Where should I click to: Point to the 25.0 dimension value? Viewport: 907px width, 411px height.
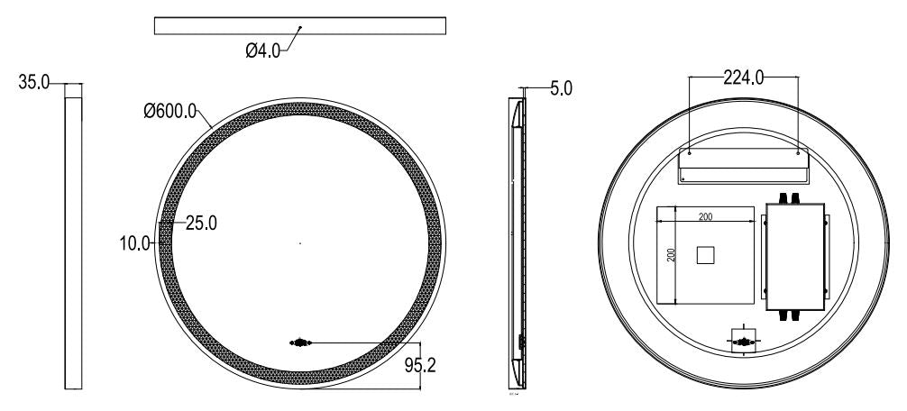200,223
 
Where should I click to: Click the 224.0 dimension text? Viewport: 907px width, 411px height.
744,78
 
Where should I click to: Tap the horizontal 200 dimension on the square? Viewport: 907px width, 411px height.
706,216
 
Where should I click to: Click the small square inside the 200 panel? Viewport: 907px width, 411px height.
706,256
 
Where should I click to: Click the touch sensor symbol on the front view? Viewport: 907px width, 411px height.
299,342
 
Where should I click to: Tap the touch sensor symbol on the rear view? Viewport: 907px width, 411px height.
743,342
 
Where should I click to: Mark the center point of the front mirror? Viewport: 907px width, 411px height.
299,242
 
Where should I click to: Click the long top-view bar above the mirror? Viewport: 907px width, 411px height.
300,25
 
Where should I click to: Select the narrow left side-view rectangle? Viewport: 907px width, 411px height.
74,242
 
